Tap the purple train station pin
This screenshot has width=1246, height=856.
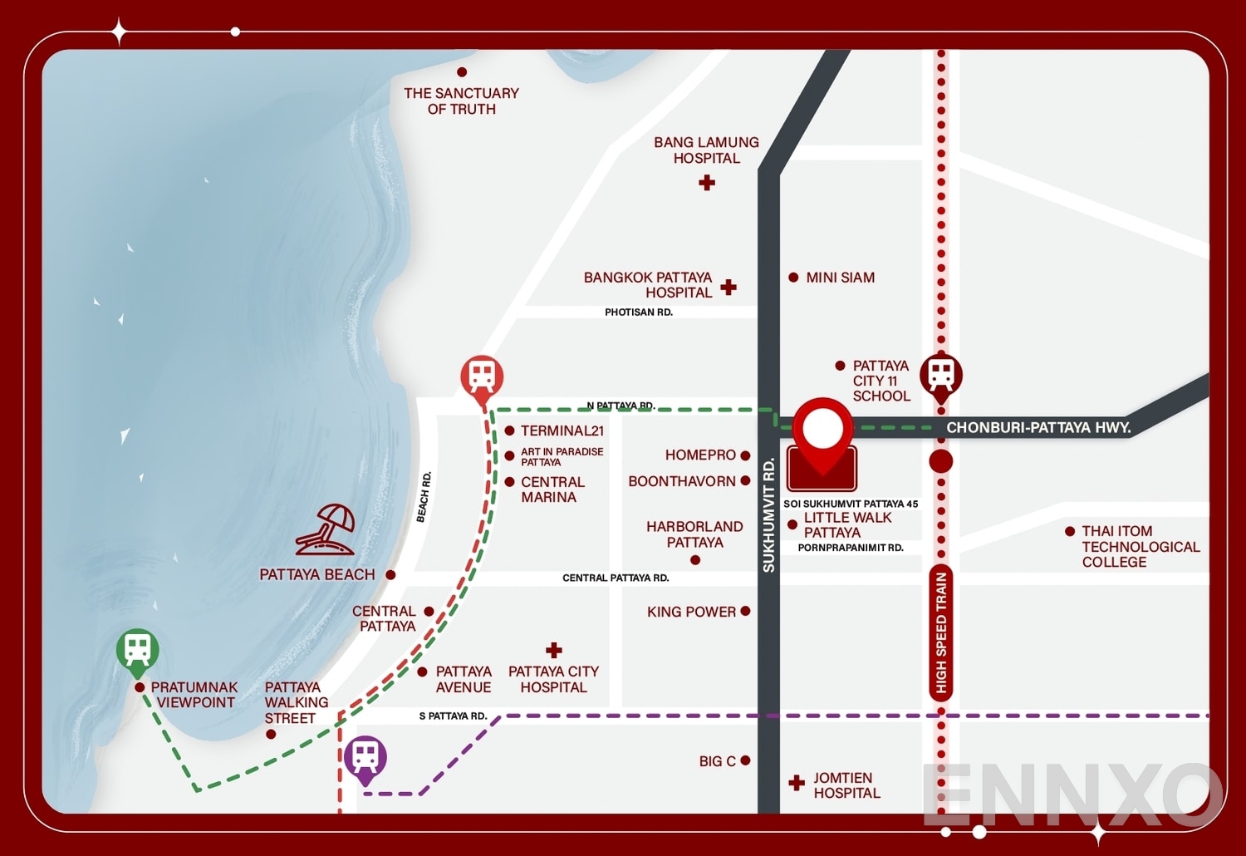[x=365, y=757]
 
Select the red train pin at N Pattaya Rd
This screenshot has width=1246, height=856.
[x=482, y=377]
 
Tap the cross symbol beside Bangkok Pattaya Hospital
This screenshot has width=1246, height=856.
[x=728, y=287]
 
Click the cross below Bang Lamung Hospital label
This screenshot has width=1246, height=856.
[x=707, y=183]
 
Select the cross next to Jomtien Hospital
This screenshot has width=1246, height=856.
[x=797, y=782]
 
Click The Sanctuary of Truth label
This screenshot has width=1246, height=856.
[x=461, y=101]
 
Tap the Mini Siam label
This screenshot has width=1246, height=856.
[x=840, y=278]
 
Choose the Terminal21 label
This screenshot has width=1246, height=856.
[x=562, y=430]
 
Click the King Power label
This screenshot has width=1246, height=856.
[x=691, y=612]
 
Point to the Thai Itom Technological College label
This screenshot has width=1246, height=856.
[x=1140, y=546]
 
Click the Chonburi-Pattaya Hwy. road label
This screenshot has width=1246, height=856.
[x=1038, y=427]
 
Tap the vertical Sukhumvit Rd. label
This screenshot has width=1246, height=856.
[x=768, y=515]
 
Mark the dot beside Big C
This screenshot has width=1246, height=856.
[x=745, y=760]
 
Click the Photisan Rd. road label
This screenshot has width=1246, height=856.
[x=638, y=312]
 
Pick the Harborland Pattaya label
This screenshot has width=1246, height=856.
[x=694, y=534]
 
